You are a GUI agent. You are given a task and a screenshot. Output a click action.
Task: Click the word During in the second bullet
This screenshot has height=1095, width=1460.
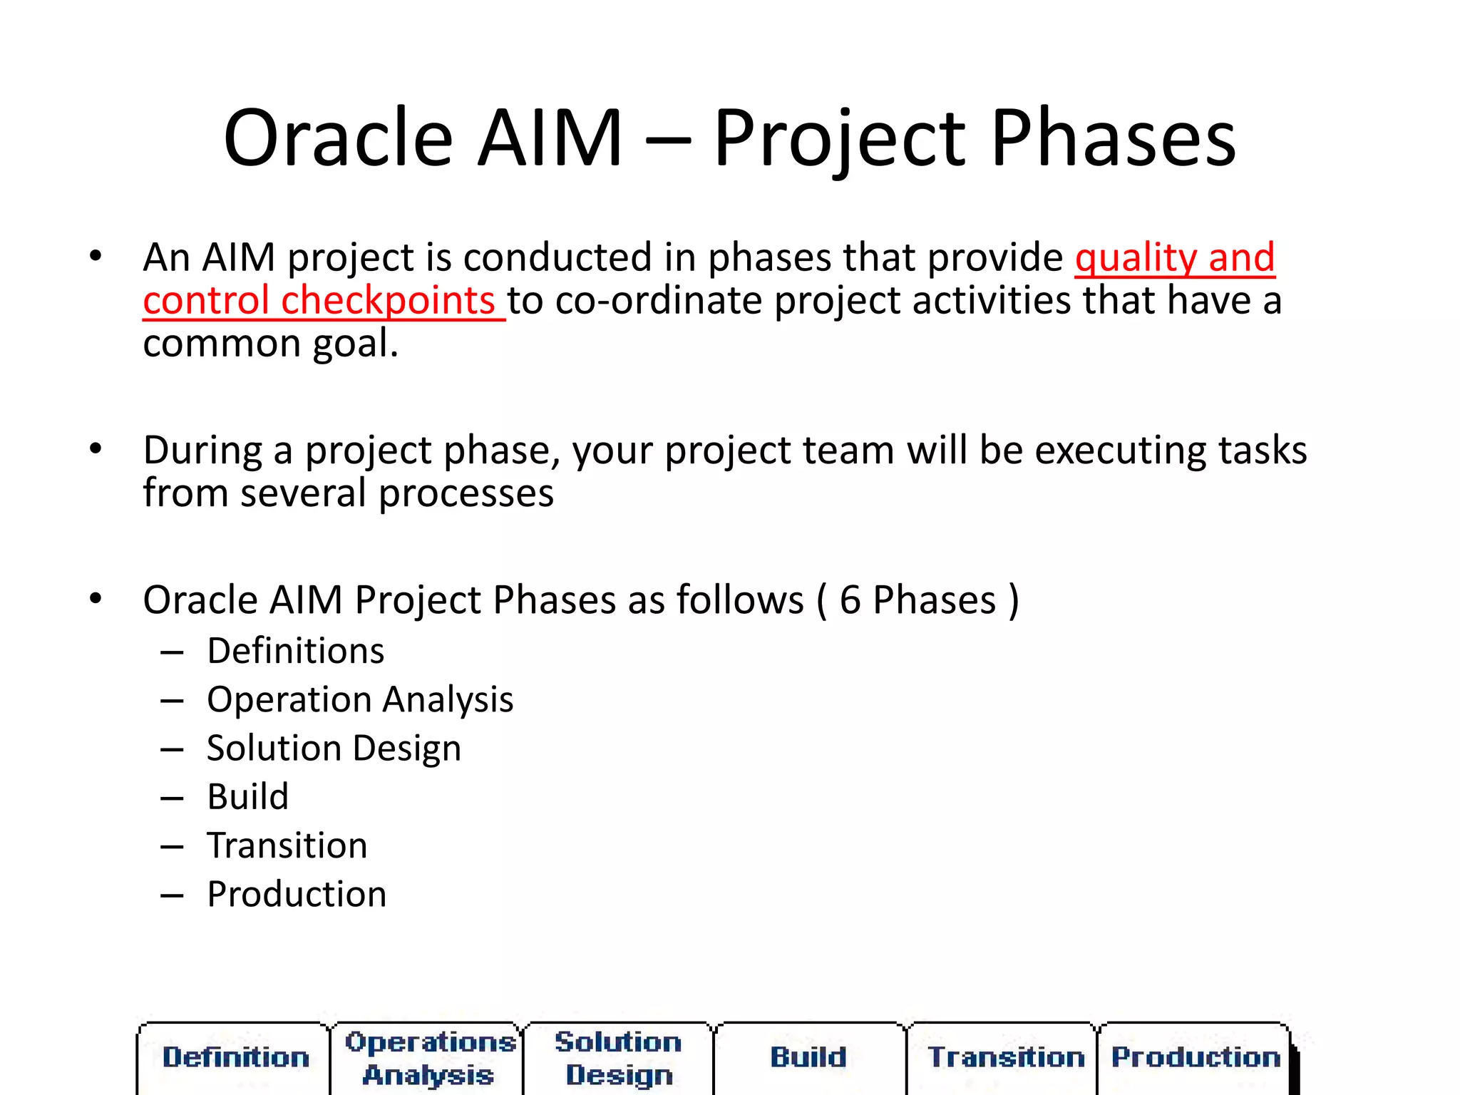point(202,451)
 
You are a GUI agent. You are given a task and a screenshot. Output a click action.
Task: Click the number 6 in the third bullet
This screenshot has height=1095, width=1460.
point(849,600)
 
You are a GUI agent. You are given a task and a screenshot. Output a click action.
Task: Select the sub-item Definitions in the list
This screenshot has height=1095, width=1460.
point(296,651)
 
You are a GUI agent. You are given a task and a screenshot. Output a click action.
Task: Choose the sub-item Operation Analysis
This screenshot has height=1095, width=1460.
point(360,699)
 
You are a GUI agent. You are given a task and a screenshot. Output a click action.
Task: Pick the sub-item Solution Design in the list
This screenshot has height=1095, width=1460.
point(334,749)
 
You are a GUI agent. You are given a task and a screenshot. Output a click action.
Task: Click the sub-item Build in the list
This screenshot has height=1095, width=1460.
point(248,797)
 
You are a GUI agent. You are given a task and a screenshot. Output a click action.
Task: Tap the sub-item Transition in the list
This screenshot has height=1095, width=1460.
point(287,845)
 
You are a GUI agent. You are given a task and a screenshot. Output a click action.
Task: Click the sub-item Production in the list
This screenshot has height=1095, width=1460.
point(297,894)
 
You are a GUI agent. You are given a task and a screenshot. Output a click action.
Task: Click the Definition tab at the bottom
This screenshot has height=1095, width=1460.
point(235,1057)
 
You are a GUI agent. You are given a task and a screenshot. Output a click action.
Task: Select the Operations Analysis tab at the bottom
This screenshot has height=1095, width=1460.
point(429,1058)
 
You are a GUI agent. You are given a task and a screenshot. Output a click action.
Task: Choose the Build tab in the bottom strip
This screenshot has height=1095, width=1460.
point(808,1057)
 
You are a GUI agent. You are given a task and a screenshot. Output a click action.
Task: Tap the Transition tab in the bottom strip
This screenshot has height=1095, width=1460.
point(1005,1057)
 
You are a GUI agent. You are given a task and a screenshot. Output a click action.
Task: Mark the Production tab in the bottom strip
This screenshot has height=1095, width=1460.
point(1196,1057)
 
